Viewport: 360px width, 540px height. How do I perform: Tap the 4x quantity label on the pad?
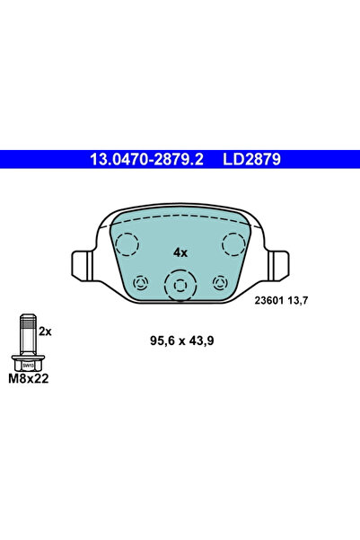click(x=180, y=252)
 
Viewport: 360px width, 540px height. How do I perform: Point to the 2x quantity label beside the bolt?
click(x=46, y=332)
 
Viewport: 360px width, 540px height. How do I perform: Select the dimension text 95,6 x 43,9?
click(x=180, y=341)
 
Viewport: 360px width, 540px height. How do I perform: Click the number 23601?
click(x=268, y=301)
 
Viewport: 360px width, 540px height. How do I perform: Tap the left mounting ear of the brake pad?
click(x=80, y=264)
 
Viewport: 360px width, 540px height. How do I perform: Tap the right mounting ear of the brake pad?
click(x=280, y=264)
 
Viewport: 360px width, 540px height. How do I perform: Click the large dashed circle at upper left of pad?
click(x=126, y=244)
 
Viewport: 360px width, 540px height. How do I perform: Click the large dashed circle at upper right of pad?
click(x=234, y=244)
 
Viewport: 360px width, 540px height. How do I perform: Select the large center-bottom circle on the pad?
click(x=180, y=287)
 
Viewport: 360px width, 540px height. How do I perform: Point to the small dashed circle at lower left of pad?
click(x=140, y=283)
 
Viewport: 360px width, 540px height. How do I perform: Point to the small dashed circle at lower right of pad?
click(x=219, y=283)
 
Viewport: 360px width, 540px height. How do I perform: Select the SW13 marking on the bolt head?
click(x=29, y=366)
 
